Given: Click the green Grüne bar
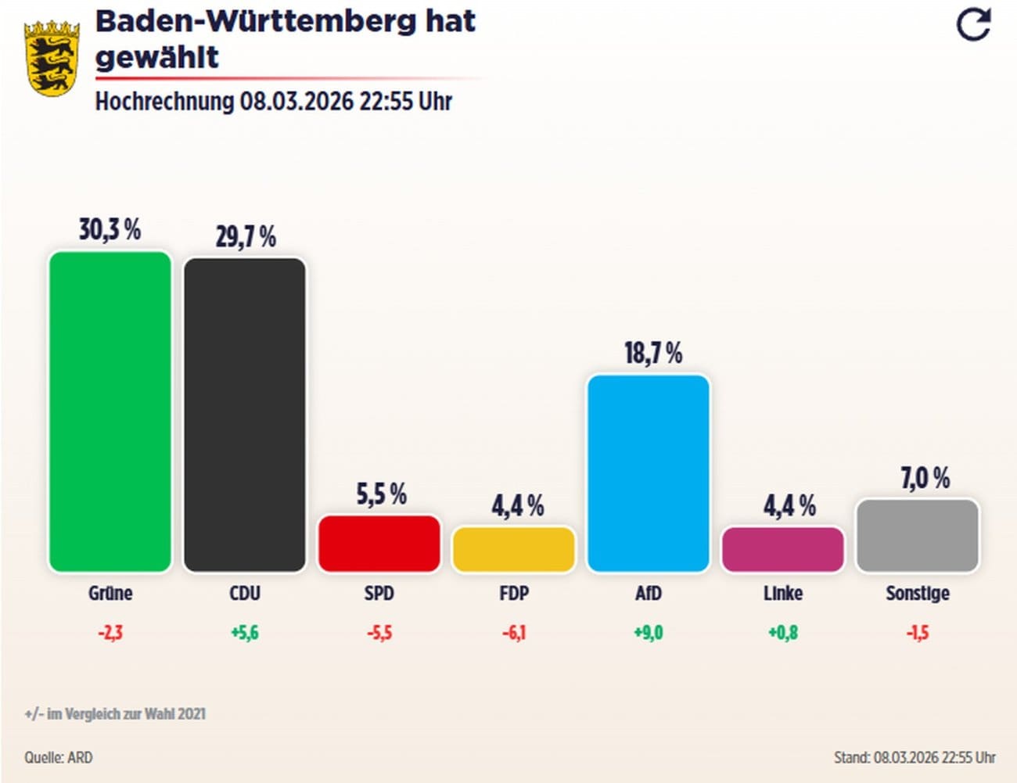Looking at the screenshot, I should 110,411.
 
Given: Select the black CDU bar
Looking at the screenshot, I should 245,415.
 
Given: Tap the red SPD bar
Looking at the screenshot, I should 379,543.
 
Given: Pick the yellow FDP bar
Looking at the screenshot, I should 514,549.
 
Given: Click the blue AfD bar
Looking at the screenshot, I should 649,473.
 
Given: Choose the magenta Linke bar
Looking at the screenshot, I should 783,549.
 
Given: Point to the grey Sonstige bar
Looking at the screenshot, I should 918,535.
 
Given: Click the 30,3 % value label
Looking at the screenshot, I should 110,230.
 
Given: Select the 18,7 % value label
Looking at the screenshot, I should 653,354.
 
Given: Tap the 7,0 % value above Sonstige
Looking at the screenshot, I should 925,478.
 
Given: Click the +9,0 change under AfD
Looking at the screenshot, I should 649,632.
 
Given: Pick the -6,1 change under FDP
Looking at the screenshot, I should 514,632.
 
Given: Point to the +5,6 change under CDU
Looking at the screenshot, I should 245,632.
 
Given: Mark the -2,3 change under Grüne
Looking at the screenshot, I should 110,632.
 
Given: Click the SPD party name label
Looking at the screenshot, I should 379,594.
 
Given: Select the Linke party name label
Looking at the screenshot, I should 783,594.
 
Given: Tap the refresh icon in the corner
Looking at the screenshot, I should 974,24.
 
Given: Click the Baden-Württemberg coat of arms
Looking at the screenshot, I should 52,59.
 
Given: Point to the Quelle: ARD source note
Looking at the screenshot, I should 59,757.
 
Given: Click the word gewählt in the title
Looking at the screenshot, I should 157,56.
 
